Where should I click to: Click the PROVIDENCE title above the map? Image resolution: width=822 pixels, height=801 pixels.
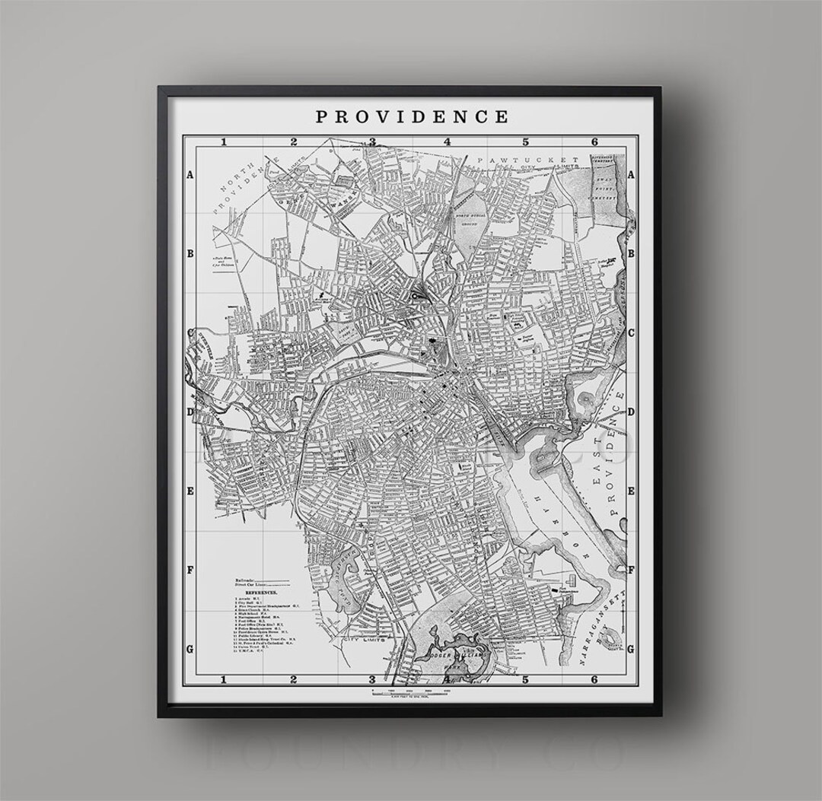coord(412,116)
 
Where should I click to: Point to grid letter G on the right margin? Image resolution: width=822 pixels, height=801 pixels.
coord(631,647)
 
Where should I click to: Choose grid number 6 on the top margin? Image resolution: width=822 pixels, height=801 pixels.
coord(594,141)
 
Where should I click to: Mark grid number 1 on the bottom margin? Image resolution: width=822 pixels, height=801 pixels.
coord(223,679)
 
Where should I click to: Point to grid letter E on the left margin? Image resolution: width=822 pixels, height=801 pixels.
coord(190,491)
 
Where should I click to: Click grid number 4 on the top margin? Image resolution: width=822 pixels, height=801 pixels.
coord(448,141)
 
